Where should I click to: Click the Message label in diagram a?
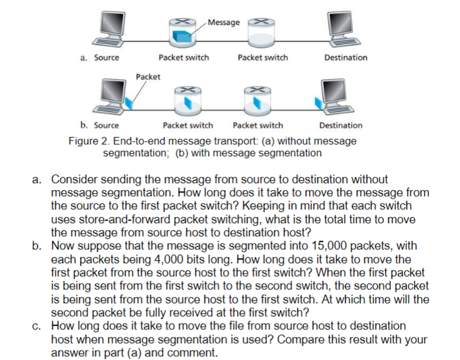click(223, 22)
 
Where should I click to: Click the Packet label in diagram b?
click(147, 76)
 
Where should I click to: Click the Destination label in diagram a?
click(346, 57)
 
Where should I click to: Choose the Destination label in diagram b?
click(341, 125)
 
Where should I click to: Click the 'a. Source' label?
click(100, 57)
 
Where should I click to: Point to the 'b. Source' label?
click(99, 125)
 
